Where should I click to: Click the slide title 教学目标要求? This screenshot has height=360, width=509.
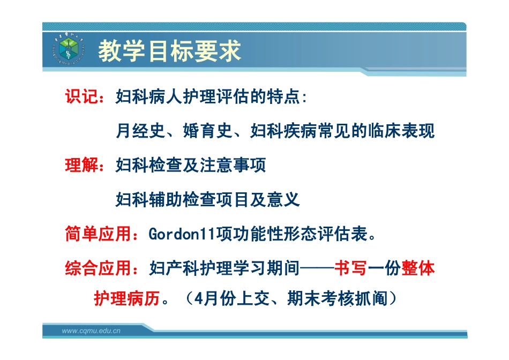pos(169,51)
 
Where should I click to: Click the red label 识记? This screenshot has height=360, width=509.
pos(82,97)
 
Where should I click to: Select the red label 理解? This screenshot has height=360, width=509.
pos(82,166)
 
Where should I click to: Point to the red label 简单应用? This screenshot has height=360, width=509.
pos(99,234)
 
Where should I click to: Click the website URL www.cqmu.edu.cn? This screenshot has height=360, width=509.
pos(91,331)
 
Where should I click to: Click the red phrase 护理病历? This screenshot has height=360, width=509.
pos(128,298)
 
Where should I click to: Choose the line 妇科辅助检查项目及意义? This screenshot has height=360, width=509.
pos(208,200)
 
